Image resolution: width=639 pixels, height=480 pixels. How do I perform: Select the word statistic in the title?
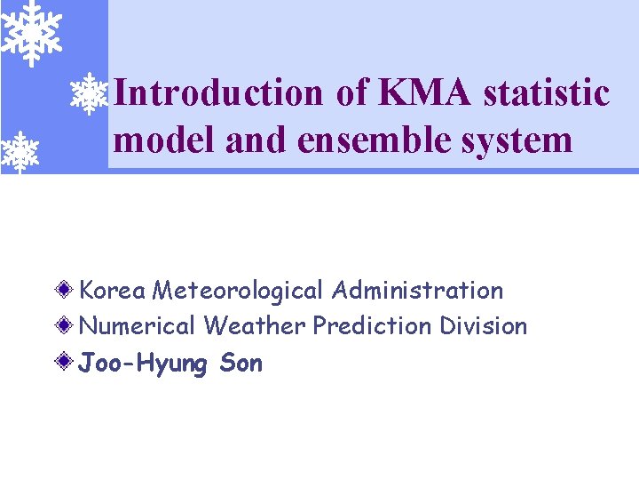coord(547,92)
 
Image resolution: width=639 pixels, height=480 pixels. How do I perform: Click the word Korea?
coord(113,291)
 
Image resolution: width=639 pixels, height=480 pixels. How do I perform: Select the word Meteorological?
coord(240,291)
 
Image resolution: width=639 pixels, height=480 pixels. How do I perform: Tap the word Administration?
coord(418,291)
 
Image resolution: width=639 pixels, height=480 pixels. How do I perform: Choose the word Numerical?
coord(138,326)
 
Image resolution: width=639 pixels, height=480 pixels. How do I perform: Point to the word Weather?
coord(255,326)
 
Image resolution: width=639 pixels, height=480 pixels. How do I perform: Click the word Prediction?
coord(372,326)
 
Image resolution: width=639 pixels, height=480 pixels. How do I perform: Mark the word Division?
coord(484,326)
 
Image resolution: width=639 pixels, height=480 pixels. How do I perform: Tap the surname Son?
coord(241,364)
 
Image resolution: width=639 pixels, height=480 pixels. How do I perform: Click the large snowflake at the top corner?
coord(32,30)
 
